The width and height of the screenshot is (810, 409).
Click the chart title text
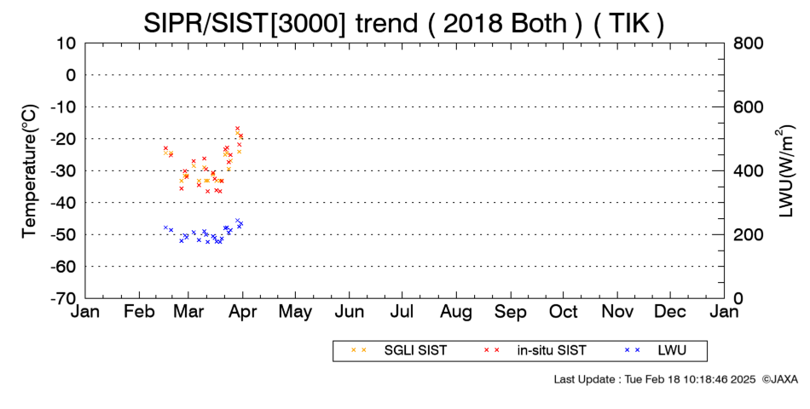[x=403, y=24]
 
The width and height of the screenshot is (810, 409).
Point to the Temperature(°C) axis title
[x=30, y=171]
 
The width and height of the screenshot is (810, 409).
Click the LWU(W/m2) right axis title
[x=784, y=171]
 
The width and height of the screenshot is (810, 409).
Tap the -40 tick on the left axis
[x=63, y=203]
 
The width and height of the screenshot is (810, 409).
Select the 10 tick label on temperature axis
[x=67, y=43]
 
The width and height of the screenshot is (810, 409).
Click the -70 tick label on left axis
[x=63, y=298]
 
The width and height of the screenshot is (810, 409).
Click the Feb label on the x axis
[x=139, y=312]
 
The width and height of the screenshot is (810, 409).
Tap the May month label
[x=296, y=312]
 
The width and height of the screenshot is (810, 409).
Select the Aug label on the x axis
[x=456, y=312]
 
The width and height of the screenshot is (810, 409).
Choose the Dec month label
[x=670, y=312]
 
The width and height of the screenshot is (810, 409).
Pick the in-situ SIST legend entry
[x=535, y=351]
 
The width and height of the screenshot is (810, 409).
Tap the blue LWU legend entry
[x=656, y=351]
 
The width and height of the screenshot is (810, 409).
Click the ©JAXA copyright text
[x=779, y=379]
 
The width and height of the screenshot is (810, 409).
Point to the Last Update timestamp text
[x=655, y=379]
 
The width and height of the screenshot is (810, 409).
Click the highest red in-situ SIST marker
[x=237, y=128]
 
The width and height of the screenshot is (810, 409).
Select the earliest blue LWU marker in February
[x=165, y=228]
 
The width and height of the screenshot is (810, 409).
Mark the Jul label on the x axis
[x=402, y=312]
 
